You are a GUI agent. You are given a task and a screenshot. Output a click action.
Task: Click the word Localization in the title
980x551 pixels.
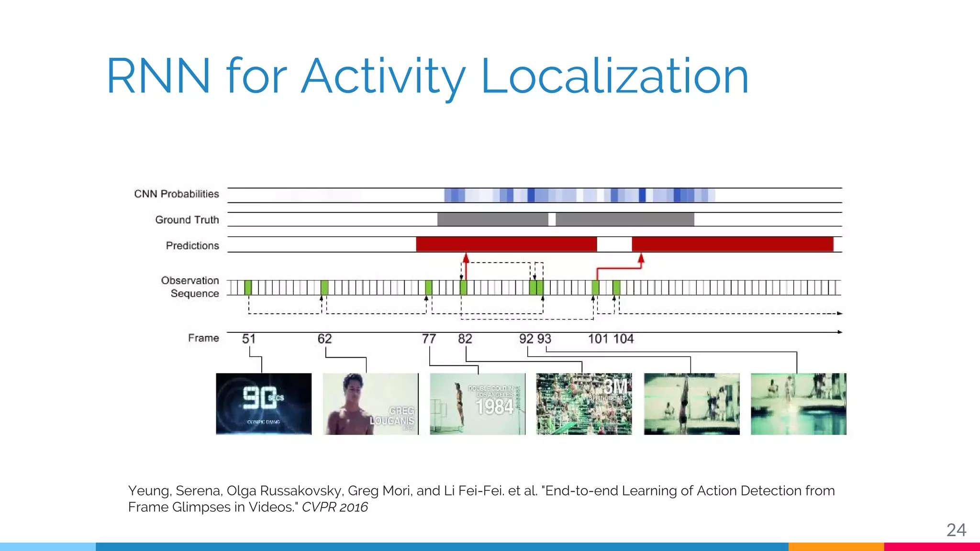click(x=614, y=77)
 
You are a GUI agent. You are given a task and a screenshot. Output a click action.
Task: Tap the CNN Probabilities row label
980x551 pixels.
click(x=176, y=194)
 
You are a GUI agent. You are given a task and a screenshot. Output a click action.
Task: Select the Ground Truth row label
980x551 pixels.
click(x=187, y=220)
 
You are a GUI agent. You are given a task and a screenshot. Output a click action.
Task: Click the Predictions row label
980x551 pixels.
click(x=192, y=245)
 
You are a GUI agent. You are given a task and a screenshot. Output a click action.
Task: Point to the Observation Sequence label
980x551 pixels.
click(x=190, y=287)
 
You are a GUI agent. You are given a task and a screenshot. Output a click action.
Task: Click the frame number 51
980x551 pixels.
click(x=249, y=339)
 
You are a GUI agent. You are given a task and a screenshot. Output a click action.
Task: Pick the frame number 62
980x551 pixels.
click(x=324, y=339)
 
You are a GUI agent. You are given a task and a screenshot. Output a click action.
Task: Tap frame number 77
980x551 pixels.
click(x=429, y=339)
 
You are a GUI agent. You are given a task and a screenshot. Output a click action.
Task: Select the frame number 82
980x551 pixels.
click(x=465, y=339)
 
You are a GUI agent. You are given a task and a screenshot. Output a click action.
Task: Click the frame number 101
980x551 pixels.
click(x=598, y=339)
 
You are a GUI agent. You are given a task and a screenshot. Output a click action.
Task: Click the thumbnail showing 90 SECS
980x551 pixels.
click(x=264, y=404)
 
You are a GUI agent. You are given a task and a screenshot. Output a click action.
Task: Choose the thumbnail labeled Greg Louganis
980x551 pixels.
click(x=370, y=404)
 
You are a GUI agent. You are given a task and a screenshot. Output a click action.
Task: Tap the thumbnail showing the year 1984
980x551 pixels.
click(x=477, y=404)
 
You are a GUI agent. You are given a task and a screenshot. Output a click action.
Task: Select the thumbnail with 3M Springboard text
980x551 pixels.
click(x=584, y=404)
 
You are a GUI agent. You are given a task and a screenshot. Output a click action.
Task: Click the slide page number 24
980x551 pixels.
click(x=956, y=530)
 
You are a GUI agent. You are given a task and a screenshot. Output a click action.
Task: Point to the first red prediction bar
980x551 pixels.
click(x=506, y=244)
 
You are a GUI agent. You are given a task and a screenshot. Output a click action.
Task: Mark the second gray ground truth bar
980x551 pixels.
click(x=624, y=220)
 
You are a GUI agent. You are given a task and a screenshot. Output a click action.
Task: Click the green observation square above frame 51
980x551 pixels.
click(x=248, y=287)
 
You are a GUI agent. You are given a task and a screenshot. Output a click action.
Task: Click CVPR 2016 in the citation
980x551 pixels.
click(x=335, y=507)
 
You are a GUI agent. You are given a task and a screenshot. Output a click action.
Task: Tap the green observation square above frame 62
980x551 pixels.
click(x=324, y=287)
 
